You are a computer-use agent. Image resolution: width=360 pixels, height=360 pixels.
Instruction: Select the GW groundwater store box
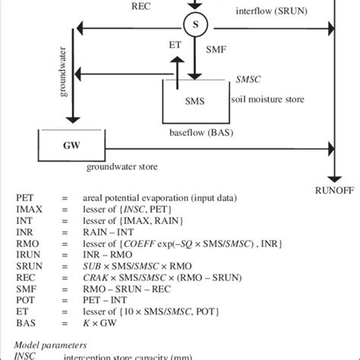(71, 142)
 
